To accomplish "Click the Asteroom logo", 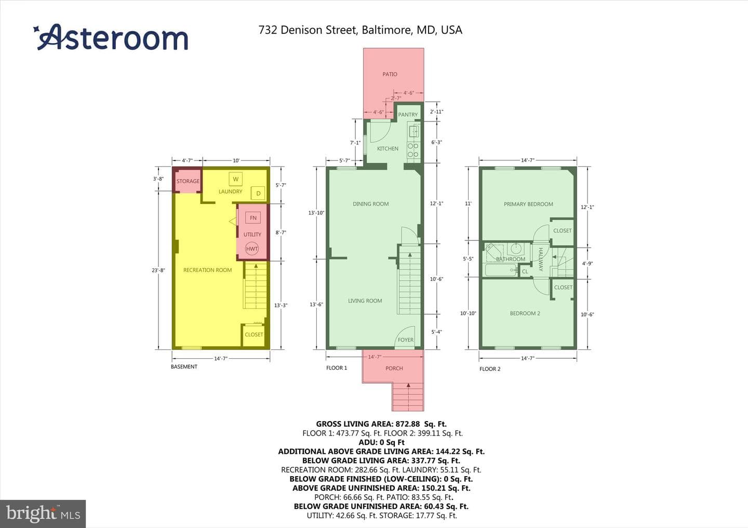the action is point(111,37).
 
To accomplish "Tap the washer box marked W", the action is point(235,179).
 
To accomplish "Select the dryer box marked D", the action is point(258,193).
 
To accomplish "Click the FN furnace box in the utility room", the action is point(253,218).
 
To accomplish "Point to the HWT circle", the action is point(252,249).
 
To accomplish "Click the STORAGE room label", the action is point(188,181).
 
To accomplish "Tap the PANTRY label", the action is point(408,114).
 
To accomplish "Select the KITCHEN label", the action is point(388,148).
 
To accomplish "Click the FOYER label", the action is point(405,340).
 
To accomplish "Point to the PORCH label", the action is point(394,368).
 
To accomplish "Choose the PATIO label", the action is point(390,74).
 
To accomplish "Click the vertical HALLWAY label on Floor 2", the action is point(541,259).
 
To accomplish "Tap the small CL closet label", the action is point(525,272).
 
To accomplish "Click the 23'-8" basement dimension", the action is point(158,270).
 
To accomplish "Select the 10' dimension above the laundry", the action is point(236,160).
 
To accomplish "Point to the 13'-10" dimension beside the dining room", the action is point(316,213).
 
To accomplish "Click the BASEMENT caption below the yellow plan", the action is point(184,367).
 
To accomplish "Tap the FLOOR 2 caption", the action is point(490,369).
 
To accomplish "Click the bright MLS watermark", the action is point(43,513).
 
